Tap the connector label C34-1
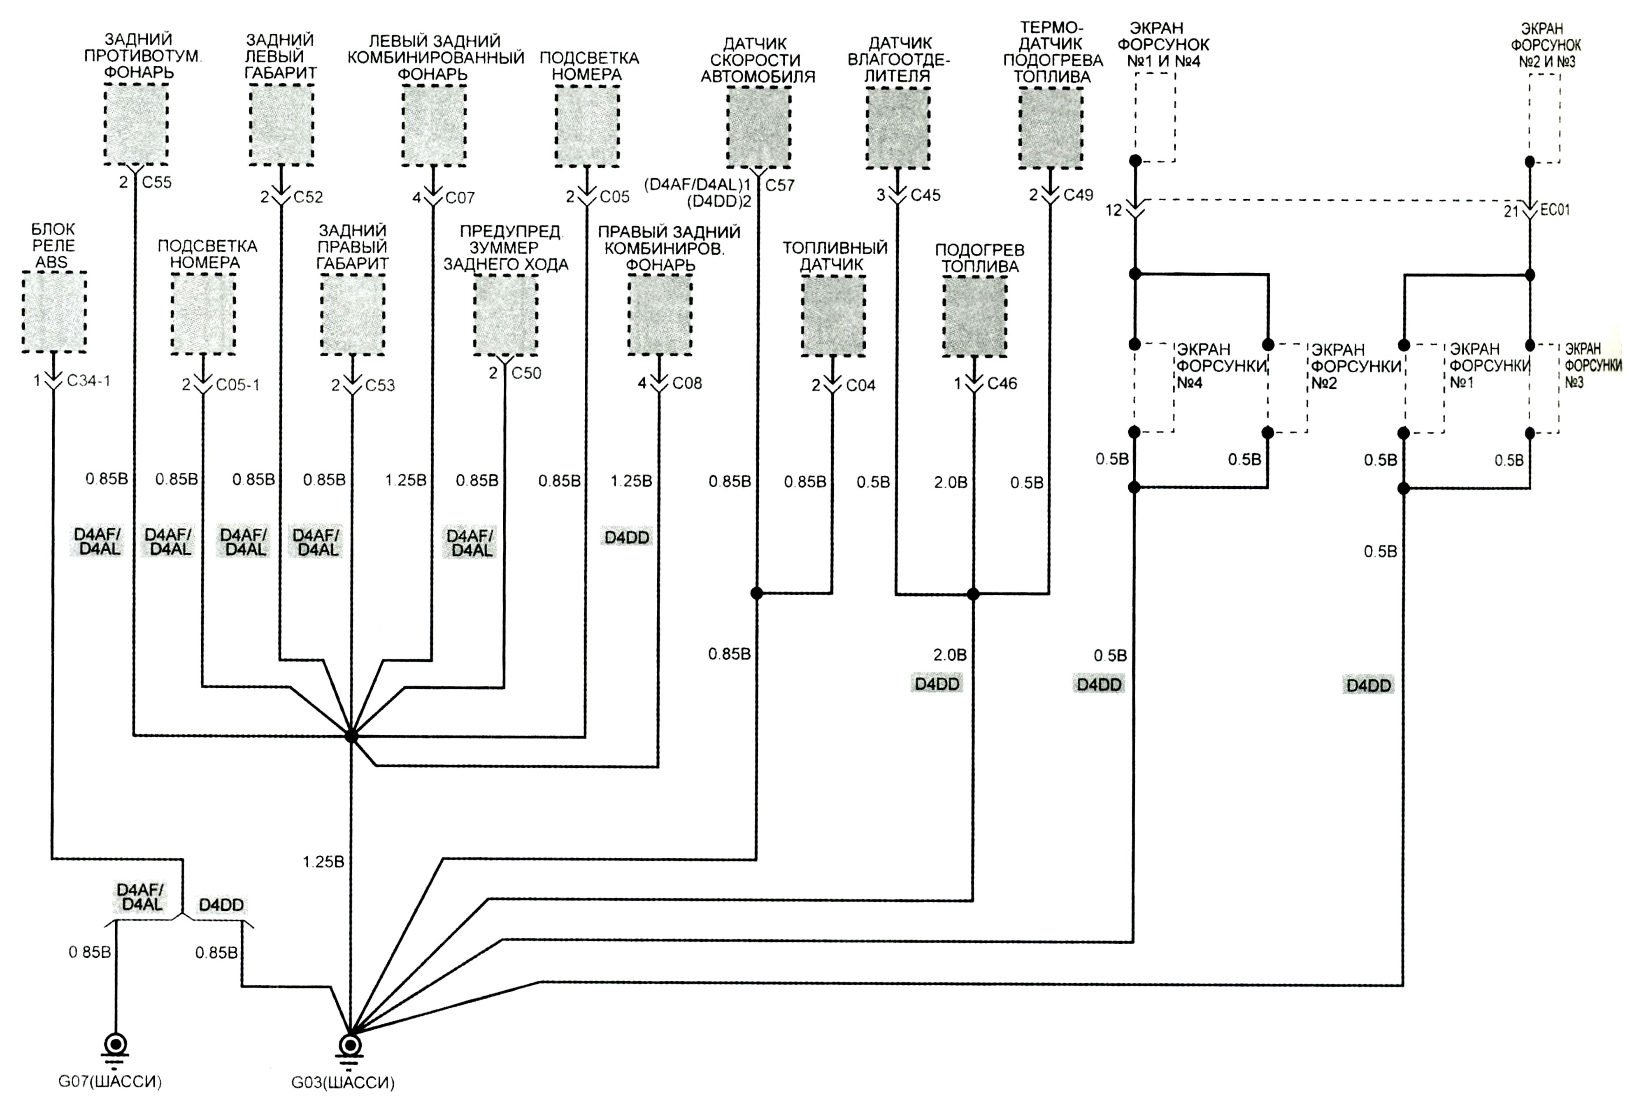(x=89, y=381)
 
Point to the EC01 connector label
(x=1555, y=210)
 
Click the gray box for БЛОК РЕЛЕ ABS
(x=54, y=312)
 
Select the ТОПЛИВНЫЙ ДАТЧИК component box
(x=833, y=316)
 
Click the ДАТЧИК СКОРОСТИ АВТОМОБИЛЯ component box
(x=758, y=127)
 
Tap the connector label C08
(x=687, y=383)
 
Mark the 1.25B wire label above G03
(x=323, y=862)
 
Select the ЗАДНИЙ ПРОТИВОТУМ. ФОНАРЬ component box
(x=136, y=124)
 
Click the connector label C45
(x=925, y=195)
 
